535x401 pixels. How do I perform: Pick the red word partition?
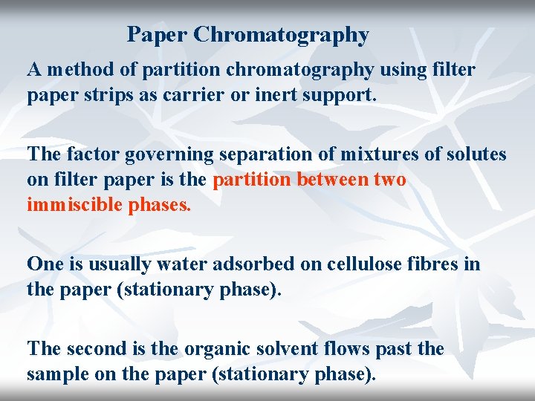coord(252,180)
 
